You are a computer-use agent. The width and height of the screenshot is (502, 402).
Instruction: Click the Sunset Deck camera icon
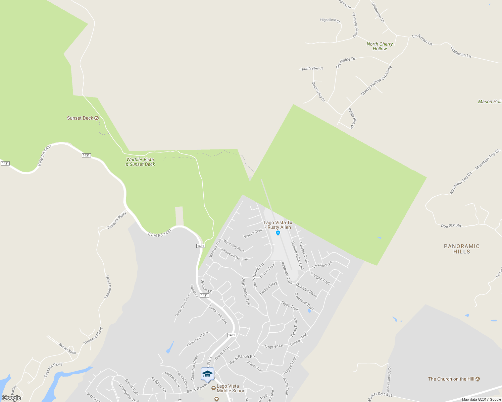(x=97, y=118)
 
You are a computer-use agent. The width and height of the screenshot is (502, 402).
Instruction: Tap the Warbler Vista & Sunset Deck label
(x=140, y=162)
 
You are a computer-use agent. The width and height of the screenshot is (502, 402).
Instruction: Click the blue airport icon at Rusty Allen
(x=278, y=233)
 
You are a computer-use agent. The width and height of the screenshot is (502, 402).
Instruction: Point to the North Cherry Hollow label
(x=380, y=46)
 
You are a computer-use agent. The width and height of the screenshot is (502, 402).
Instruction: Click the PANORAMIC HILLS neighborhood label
(x=462, y=249)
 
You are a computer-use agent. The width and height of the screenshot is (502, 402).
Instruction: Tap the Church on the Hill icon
(x=478, y=379)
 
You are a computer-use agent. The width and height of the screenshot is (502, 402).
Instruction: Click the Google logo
(x=11, y=398)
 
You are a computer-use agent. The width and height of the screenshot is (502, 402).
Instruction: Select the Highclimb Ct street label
(x=330, y=20)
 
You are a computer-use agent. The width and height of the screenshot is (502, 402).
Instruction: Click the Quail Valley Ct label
(x=311, y=69)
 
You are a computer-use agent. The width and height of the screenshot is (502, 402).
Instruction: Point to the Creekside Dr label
(x=345, y=62)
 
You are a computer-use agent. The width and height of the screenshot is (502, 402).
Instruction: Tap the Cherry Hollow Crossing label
(x=376, y=81)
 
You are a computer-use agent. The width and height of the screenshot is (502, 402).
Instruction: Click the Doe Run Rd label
(x=451, y=226)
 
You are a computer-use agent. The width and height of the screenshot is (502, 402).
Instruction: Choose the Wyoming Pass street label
(x=234, y=246)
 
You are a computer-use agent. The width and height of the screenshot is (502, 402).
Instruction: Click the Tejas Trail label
(x=289, y=306)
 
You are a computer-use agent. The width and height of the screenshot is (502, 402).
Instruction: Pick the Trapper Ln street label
(x=273, y=346)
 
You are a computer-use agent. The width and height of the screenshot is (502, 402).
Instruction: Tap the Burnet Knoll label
(x=67, y=349)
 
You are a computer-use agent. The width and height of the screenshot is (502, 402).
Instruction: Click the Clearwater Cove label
(x=197, y=339)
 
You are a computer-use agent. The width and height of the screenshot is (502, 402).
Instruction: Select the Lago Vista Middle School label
(x=232, y=388)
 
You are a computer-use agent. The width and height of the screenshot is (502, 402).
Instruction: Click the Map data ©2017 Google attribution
(x=481, y=399)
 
